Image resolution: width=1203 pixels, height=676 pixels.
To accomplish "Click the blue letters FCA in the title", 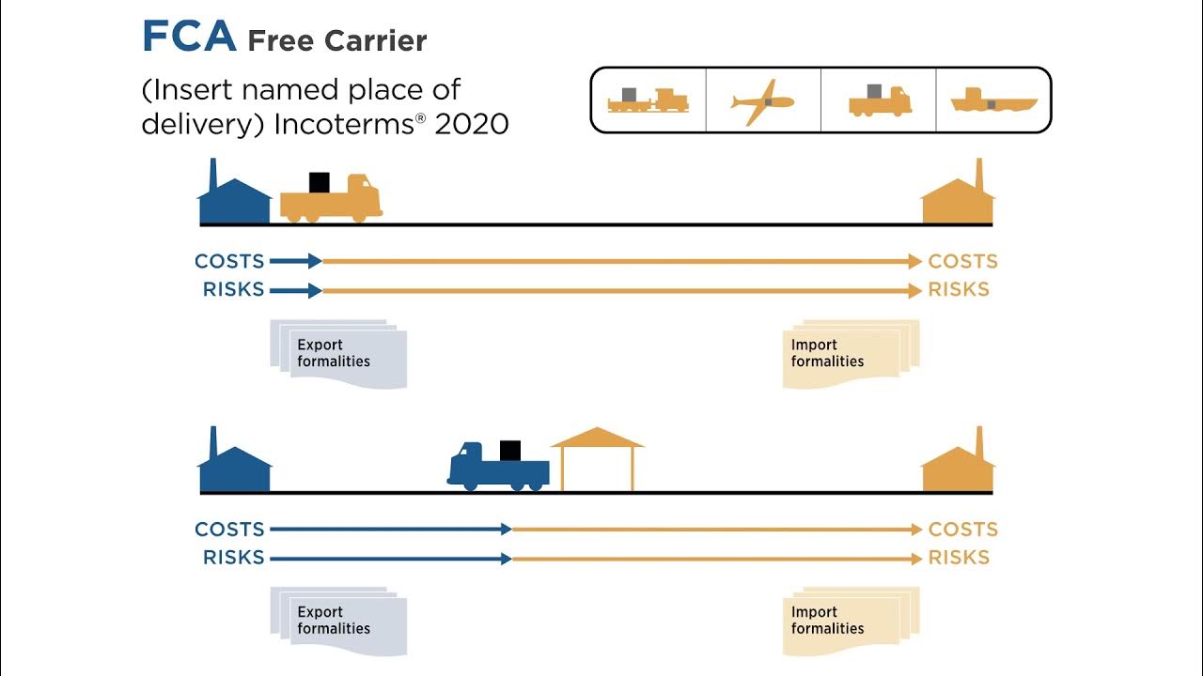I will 187,38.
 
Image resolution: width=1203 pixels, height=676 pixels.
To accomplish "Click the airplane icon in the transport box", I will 762,100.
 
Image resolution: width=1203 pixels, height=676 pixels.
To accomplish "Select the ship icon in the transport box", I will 993,101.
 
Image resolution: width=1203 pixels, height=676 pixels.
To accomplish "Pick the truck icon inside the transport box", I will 879,100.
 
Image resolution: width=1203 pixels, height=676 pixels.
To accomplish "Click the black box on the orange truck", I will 320,182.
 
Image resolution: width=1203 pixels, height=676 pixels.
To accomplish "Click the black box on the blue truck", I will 510,450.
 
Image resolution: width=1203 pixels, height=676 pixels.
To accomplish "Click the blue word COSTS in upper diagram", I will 229,261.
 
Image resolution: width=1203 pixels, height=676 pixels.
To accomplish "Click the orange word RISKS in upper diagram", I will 959,290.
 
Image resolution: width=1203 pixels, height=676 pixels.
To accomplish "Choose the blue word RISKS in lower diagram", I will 233,558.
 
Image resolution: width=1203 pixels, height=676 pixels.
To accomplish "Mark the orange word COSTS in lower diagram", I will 962,530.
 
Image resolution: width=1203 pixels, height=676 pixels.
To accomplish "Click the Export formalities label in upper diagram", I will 334,353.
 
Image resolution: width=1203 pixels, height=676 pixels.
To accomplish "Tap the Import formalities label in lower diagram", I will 827,621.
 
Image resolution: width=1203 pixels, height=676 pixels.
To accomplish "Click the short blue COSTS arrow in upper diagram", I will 296,261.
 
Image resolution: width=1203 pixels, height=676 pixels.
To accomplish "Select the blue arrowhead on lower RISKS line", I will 506,558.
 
